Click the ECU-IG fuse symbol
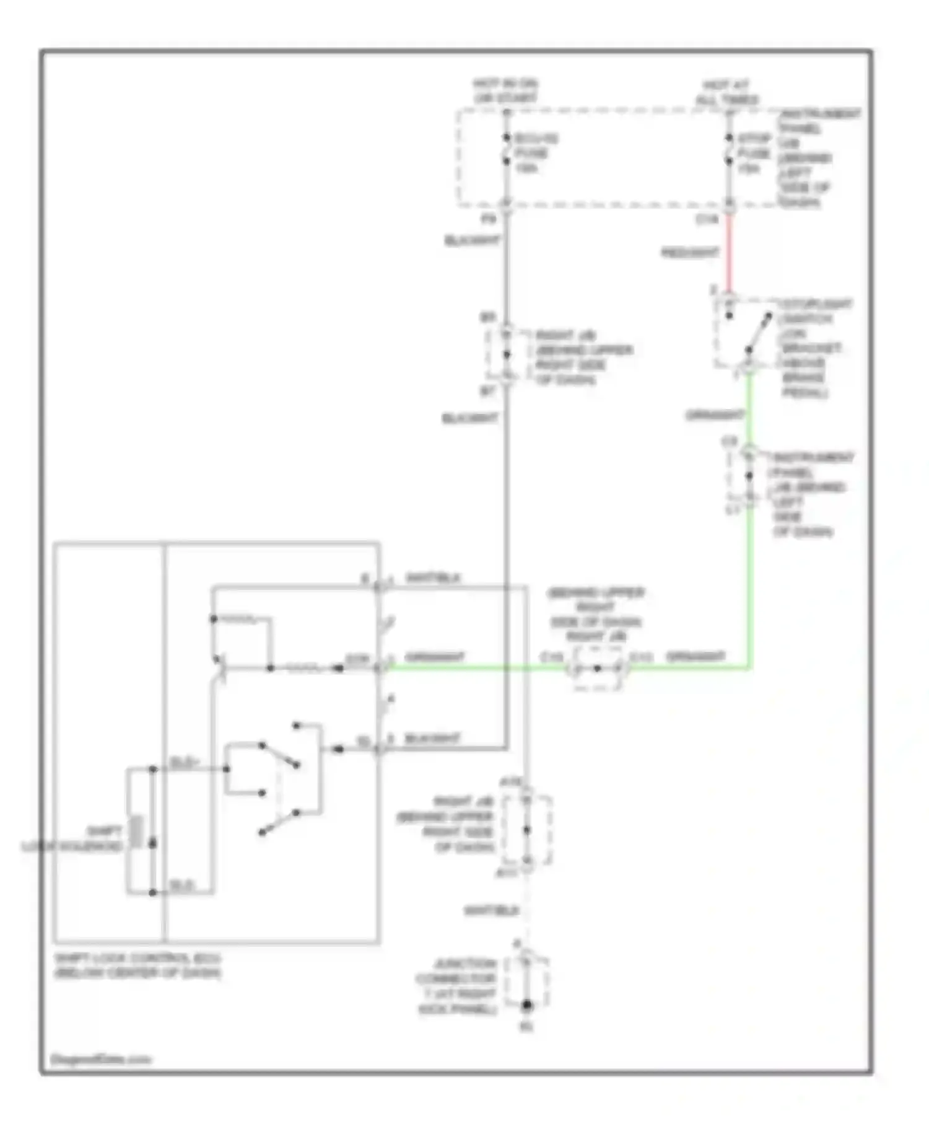[x=507, y=149]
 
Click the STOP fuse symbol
[x=730, y=149]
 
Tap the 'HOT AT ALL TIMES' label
[x=727, y=92]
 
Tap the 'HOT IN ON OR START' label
[x=505, y=90]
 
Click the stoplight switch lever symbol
[x=758, y=335]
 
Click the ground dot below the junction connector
[x=526, y=1005]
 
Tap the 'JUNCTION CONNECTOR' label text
[x=457, y=986]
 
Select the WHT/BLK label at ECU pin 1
[x=433, y=578]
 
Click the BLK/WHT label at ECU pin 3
[x=432, y=739]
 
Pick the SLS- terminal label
[x=181, y=885]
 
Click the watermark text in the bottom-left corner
[x=100, y=1059]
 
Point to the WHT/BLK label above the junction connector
[x=491, y=911]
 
